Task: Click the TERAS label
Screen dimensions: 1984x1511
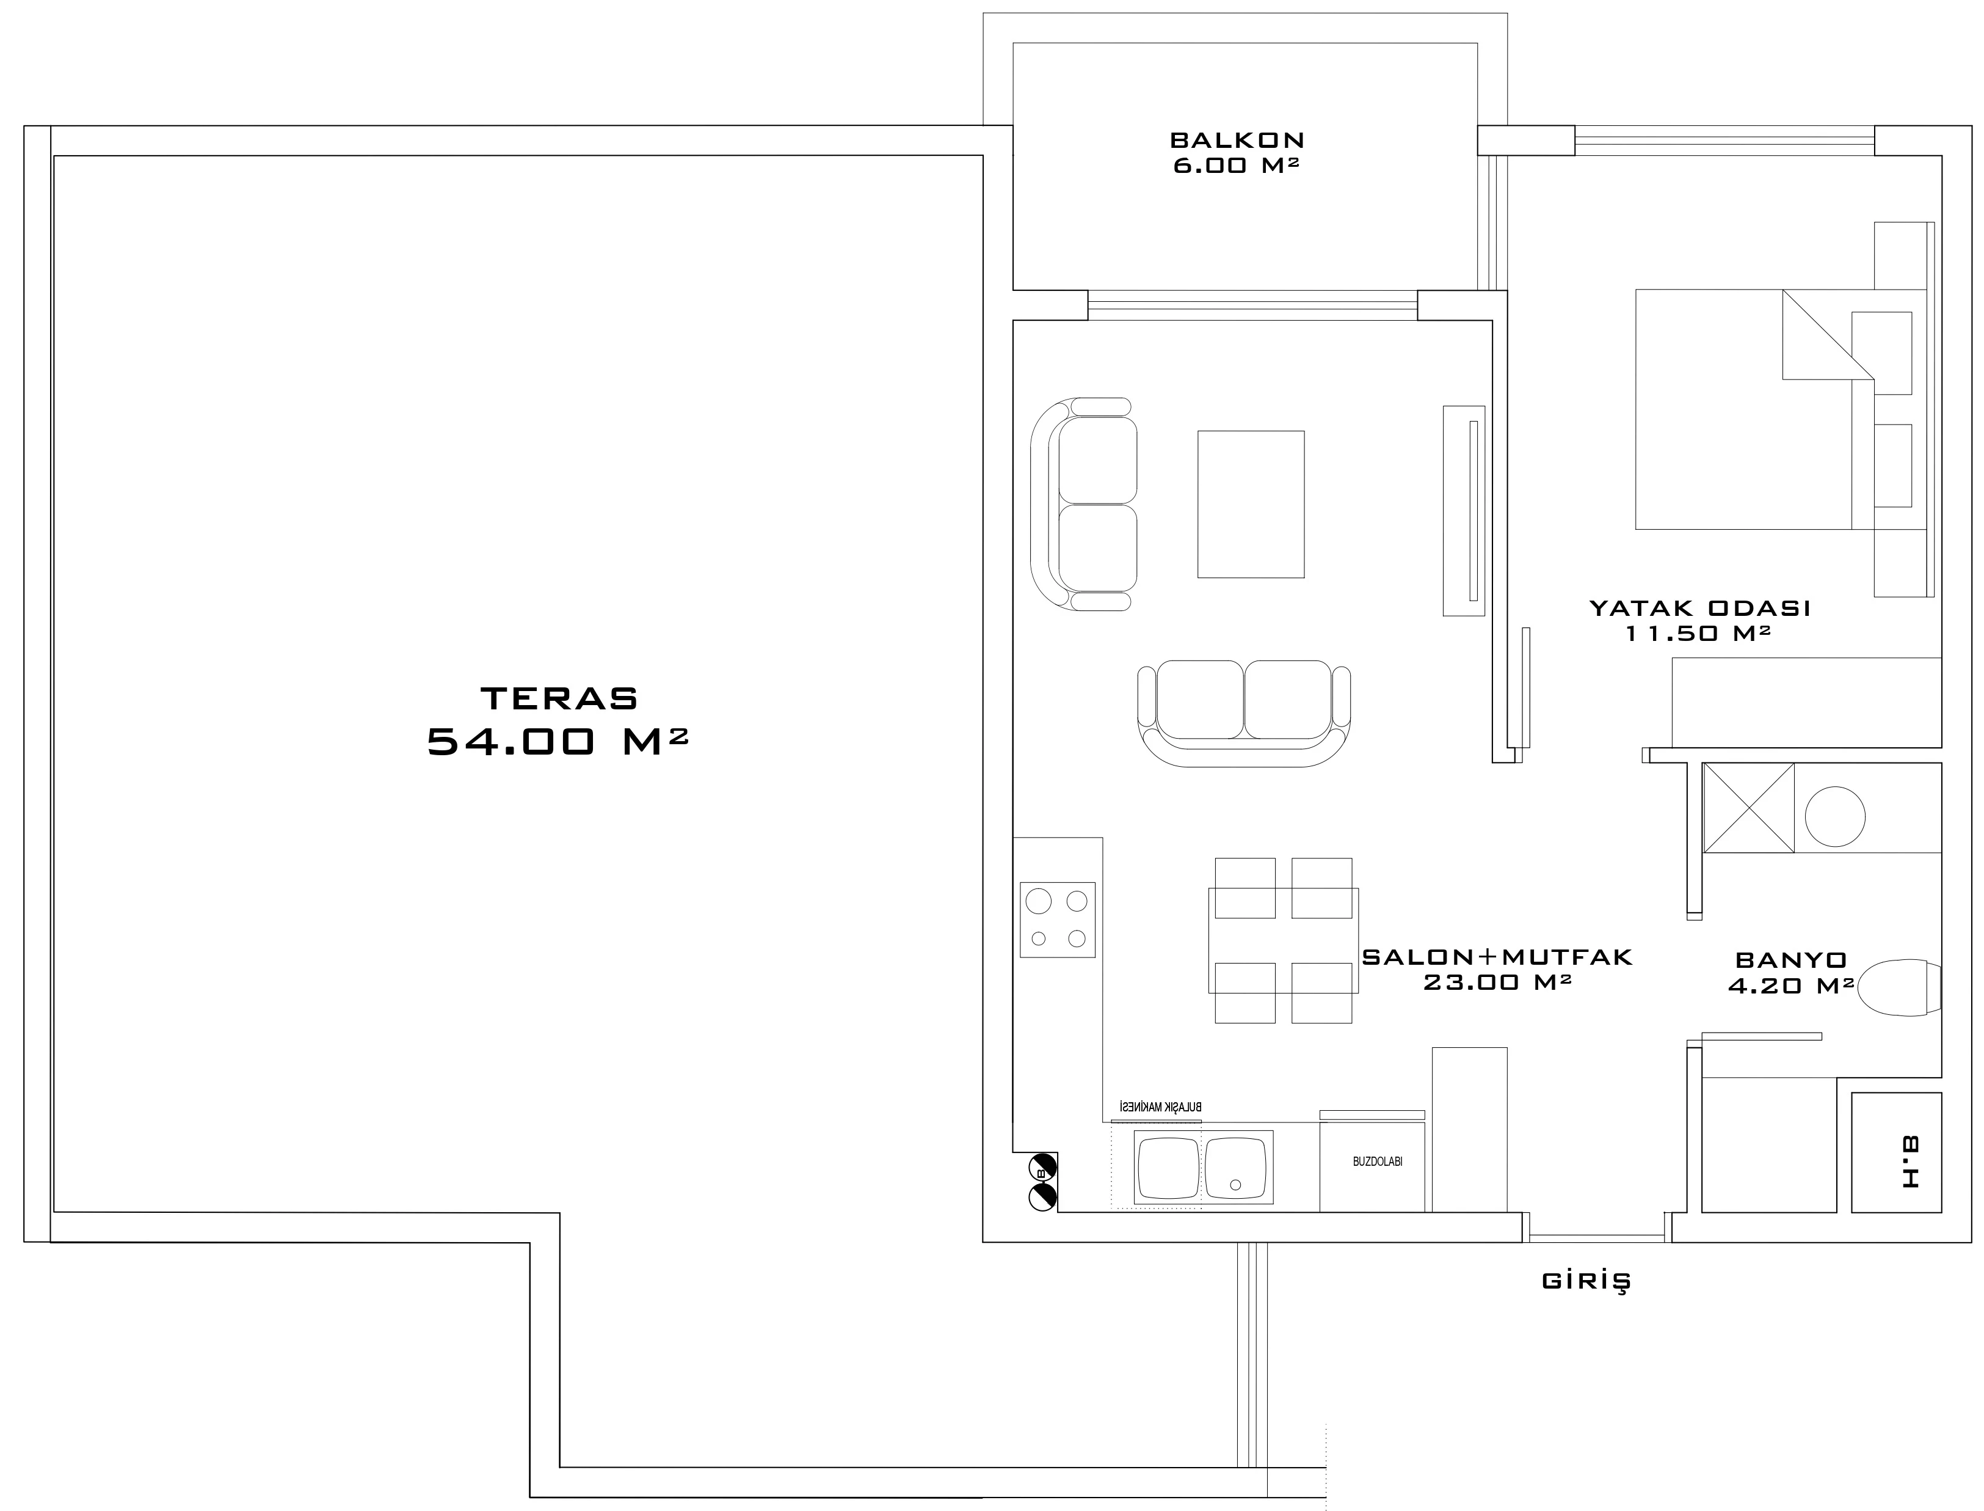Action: click(559, 698)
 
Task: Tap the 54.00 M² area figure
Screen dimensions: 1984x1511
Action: click(558, 741)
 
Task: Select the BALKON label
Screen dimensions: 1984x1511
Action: click(1237, 141)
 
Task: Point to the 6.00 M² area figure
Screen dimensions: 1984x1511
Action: click(1237, 166)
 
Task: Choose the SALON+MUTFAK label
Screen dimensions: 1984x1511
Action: click(1497, 957)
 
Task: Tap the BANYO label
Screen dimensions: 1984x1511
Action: click(1790, 960)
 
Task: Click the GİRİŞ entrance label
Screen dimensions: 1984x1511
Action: click(1586, 1281)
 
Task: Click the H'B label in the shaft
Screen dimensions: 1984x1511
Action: click(1910, 1162)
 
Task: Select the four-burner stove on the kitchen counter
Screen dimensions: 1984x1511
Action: click(1057, 919)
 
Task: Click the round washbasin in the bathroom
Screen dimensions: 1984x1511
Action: click(1835, 817)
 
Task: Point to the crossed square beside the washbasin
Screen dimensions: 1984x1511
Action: click(1748, 808)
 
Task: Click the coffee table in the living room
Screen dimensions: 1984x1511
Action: click(1251, 503)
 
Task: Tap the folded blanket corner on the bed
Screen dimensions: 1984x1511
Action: click(1828, 335)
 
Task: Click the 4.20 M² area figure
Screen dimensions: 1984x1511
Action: click(1790, 986)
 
